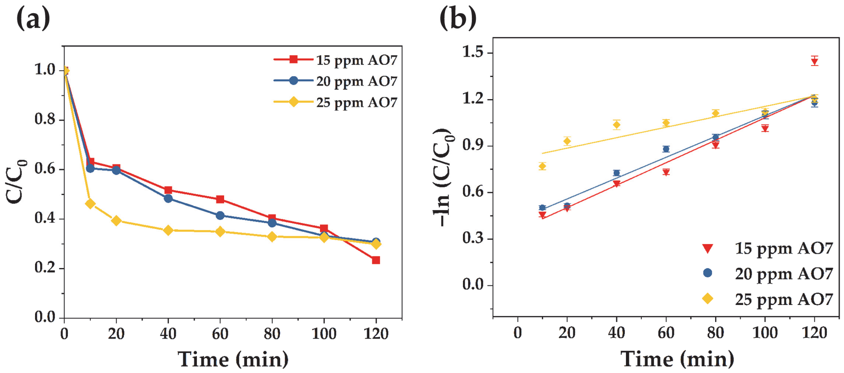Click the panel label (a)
click(33, 19)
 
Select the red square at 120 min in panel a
click(376, 260)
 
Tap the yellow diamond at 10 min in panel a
click(90, 204)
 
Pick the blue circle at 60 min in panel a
click(220, 215)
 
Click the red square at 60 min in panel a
click(220, 199)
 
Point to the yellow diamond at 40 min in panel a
click(168, 230)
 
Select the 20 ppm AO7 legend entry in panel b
click(767, 274)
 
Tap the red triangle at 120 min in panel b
click(815, 61)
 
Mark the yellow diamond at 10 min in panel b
click(542, 166)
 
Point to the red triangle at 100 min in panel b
click(765, 128)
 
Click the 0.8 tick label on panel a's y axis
click(45, 119)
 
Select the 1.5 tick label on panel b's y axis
click(473, 53)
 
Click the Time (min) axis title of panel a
click(233, 360)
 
